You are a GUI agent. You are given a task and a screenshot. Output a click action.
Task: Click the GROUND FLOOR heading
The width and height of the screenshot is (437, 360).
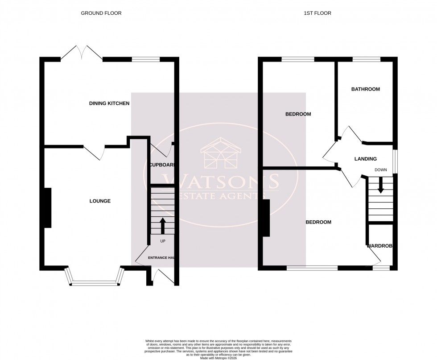(101, 13)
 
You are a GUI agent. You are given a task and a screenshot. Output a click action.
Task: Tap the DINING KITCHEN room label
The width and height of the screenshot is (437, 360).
(109, 103)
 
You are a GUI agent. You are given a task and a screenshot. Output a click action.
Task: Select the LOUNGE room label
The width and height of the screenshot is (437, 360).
(100, 201)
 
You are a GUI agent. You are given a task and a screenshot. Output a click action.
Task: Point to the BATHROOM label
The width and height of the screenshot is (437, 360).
(365, 89)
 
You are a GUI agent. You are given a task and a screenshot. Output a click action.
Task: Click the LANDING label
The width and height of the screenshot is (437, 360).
(365, 159)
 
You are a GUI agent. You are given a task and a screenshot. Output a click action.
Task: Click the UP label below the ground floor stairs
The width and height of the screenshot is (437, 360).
(162, 241)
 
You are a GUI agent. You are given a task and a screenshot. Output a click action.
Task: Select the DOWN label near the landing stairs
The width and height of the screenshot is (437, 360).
(380, 170)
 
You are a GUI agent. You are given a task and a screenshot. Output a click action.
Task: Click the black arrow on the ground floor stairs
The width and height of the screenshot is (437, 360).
(162, 226)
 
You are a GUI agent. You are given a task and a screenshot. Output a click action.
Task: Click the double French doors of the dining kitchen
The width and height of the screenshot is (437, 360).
(82, 54)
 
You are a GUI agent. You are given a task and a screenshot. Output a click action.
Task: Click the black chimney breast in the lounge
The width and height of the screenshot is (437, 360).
(47, 208)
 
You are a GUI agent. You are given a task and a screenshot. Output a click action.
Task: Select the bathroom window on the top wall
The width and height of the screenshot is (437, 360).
(366, 59)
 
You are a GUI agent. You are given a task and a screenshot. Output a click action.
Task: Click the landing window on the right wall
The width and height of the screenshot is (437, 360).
(395, 159)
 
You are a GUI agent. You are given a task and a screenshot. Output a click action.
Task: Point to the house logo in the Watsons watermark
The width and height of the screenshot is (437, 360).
(222, 153)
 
